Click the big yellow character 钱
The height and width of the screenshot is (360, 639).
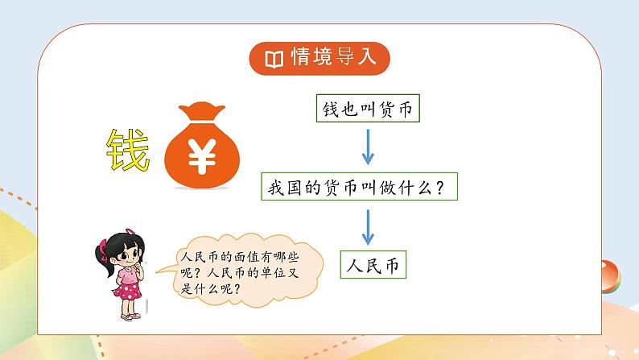[x=129, y=150]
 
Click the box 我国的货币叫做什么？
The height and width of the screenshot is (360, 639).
[x=366, y=188]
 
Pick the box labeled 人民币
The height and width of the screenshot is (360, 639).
[x=372, y=264]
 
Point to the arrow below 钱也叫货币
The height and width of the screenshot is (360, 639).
[x=367, y=148]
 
